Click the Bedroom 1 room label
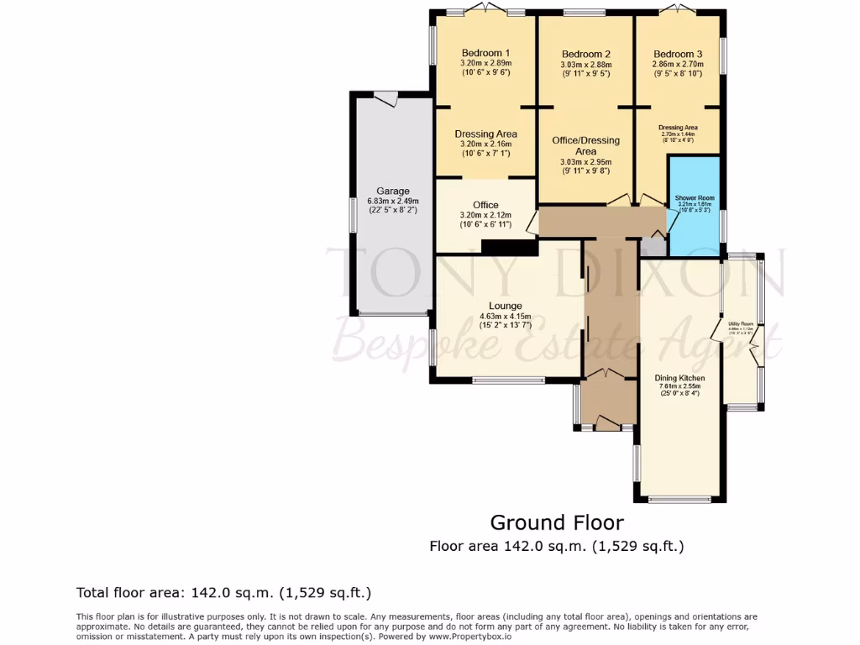tap(485, 53)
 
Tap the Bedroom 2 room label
tap(585, 54)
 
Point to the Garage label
tap(392, 191)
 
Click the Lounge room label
tap(506, 306)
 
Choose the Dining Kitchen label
tap(679, 378)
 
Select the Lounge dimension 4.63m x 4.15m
tap(506, 316)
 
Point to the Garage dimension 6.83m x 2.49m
tap(392, 201)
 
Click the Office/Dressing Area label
tap(585, 145)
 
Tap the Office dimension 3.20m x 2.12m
tap(485, 215)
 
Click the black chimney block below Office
tap(510, 248)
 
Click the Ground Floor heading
tap(557, 522)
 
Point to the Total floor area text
tap(223, 593)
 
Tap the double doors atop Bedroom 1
tap(485, 10)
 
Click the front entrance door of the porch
tap(606, 425)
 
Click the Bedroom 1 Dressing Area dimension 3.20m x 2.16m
tap(485, 144)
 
